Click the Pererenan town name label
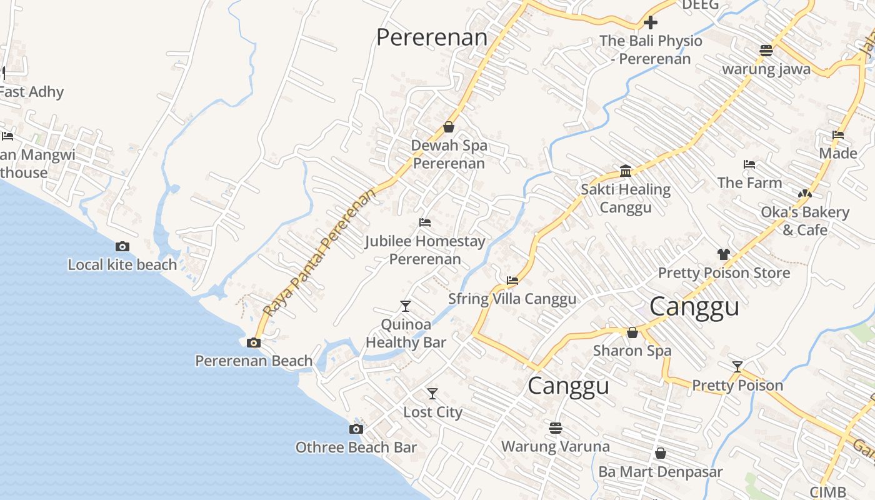(431, 37)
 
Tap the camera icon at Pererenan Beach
(254, 342)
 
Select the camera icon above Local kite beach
(122, 246)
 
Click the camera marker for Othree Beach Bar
(356, 429)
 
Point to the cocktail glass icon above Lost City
(432, 394)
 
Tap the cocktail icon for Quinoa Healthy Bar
(406, 306)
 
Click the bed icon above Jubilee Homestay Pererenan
(425, 222)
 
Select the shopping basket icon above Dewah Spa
(448, 127)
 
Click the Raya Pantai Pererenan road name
(321, 251)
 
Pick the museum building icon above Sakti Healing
(626, 171)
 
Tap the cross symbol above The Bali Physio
(651, 23)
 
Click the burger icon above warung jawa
(766, 50)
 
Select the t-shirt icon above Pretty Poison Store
(723, 254)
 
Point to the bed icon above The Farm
(749, 164)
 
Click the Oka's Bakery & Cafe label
(805, 221)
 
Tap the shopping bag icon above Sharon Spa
(632, 332)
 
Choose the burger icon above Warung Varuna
(556, 428)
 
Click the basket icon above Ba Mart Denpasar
(660, 453)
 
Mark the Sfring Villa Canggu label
(512, 299)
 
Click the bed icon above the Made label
(838, 135)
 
